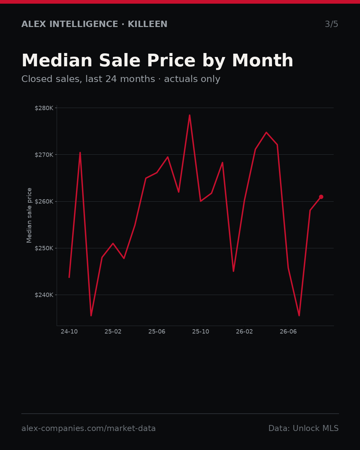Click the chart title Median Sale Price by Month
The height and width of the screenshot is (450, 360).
[x=157, y=61]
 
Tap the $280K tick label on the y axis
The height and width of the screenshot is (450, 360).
[x=44, y=108]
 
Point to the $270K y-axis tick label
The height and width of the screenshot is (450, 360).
[x=44, y=155]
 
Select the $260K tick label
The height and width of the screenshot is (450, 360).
[x=44, y=201]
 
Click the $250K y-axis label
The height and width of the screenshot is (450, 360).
[x=44, y=248]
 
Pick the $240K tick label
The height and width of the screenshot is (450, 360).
[x=44, y=295]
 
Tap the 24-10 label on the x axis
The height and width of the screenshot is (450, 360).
[x=69, y=332]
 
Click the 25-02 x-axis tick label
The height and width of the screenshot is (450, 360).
[x=113, y=332]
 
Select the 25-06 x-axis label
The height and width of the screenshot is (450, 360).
[x=157, y=332]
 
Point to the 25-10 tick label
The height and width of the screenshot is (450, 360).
[x=201, y=332]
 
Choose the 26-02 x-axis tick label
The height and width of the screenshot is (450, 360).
[x=245, y=332]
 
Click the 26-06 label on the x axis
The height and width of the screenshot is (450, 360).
[x=288, y=332]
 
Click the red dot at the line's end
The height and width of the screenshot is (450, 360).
[x=321, y=197]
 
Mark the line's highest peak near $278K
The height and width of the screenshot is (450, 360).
[x=190, y=115]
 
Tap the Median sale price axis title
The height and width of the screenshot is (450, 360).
[x=29, y=215]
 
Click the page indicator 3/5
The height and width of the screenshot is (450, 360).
[x=332, y=24]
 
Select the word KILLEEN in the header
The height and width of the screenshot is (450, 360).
[x=147, y=24]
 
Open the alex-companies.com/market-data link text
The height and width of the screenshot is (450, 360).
[x=88, y=428]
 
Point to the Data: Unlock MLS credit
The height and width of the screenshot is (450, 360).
[x=304, y=428]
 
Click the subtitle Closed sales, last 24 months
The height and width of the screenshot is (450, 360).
[x=88, y=79]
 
